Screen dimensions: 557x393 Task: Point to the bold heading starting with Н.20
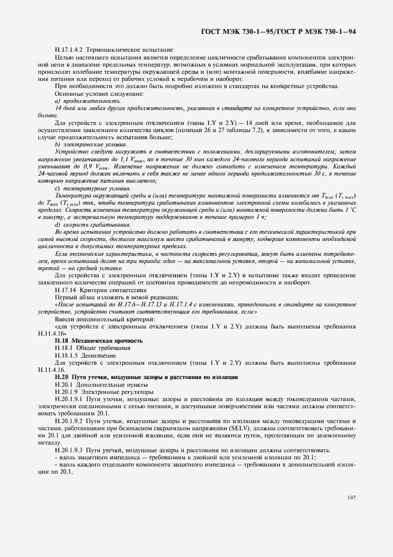[146, 377]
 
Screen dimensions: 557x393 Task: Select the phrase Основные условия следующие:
[90, 94]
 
